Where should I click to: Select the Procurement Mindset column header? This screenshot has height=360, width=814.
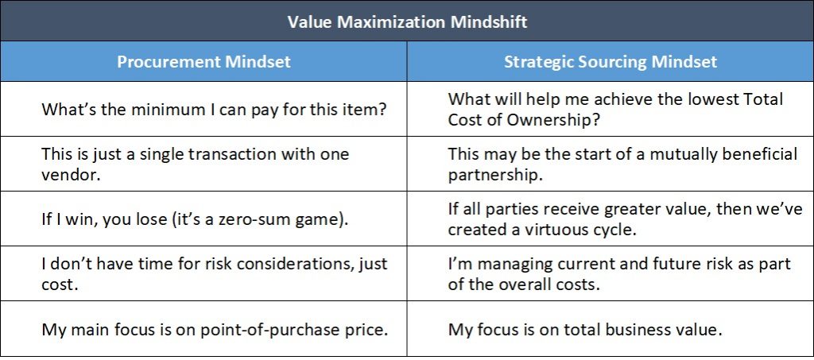203,62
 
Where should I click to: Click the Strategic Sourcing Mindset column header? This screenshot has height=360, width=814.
610,62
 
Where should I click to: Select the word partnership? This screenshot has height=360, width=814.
495,176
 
